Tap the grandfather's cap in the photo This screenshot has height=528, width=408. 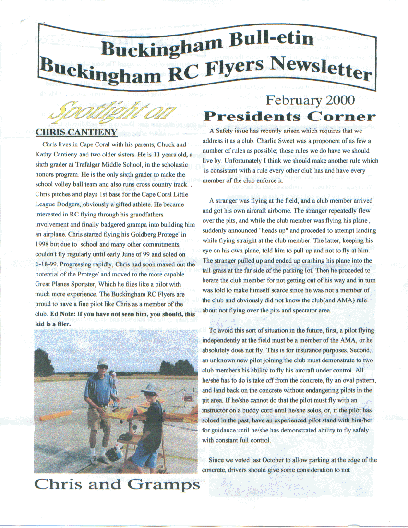(x=103, y=362)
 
